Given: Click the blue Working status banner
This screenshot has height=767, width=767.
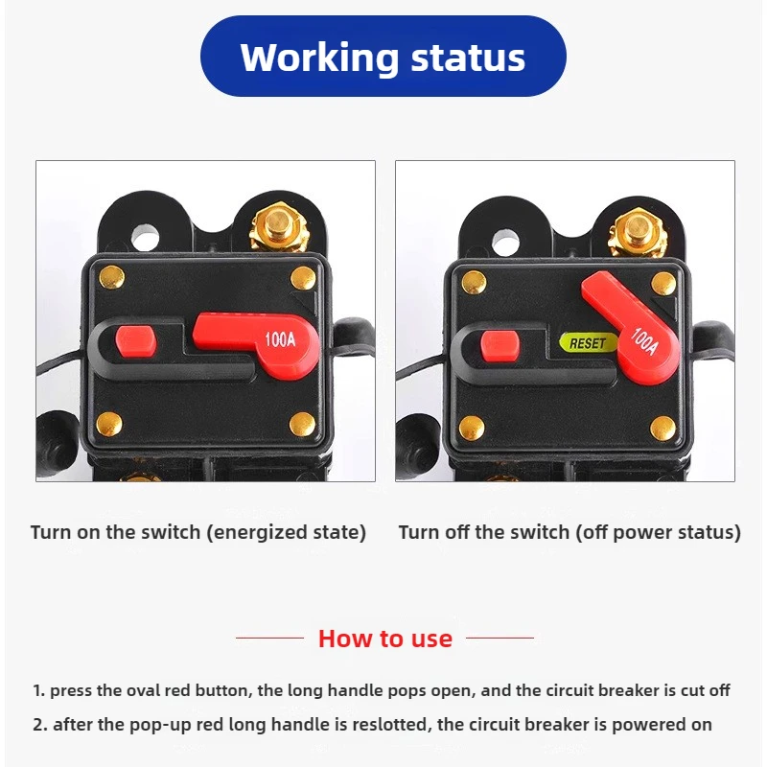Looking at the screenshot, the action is tap(383, 56).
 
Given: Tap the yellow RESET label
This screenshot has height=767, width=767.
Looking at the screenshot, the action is tap(588, 343).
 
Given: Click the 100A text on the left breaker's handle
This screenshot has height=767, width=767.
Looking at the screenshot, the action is tap(280, 339).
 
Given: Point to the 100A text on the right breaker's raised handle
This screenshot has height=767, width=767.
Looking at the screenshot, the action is tap(644, 340).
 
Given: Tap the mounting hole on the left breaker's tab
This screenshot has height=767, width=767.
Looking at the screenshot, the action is tap(146, 238).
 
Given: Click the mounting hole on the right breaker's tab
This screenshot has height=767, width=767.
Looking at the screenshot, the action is tap(506, 242).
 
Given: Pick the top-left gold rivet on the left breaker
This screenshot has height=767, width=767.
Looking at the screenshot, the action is tap(111, 278).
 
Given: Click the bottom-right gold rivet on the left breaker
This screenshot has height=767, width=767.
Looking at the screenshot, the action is tap(302, 424).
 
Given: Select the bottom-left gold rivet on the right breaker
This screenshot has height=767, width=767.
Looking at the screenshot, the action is tap(472, 428).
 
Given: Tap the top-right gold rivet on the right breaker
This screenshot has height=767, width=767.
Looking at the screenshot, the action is tap(663, 284).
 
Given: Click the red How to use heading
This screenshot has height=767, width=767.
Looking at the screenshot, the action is tap(385, 639).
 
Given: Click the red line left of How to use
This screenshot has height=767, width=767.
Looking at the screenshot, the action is tap(270, 638).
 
